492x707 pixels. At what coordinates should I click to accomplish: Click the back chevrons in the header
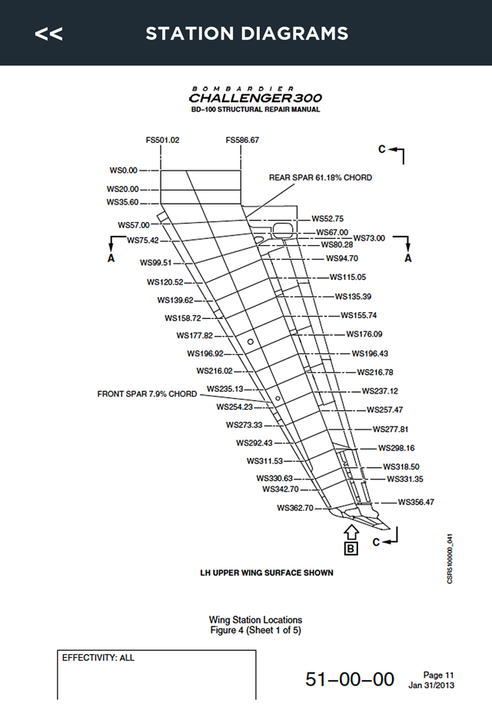pos(48,34)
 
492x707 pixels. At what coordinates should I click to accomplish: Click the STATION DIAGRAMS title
pos(247,33)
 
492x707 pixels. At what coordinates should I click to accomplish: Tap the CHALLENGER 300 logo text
pos(255,98)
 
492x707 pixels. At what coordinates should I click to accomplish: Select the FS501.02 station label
pos(162,140)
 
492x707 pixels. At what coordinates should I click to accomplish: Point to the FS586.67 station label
pos(242,140)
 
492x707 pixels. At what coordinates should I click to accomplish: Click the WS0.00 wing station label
pos(123,171)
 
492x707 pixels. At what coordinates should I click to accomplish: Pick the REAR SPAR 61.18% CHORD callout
pos(320,178)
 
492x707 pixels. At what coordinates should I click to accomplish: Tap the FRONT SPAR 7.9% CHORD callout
pos(147,394)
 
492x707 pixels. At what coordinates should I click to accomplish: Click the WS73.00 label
pos(369,238)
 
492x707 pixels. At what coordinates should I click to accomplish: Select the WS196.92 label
pos(205,353)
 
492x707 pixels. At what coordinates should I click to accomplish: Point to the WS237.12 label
pos(380,391)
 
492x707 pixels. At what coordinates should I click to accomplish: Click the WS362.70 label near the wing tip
pos(295,508)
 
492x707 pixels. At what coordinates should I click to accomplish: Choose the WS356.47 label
pos(416,502)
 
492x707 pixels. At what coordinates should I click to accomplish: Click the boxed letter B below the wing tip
pos(351,549)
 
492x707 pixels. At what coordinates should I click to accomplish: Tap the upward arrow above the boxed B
pos(351,532)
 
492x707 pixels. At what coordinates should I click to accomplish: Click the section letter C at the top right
pos(382,149)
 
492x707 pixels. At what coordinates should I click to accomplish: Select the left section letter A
pos(111,258)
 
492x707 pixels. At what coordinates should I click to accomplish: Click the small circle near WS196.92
pos(251,342)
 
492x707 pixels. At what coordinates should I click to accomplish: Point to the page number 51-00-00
pos(350,679)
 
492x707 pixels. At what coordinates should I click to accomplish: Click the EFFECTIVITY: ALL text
pos(98,658)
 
